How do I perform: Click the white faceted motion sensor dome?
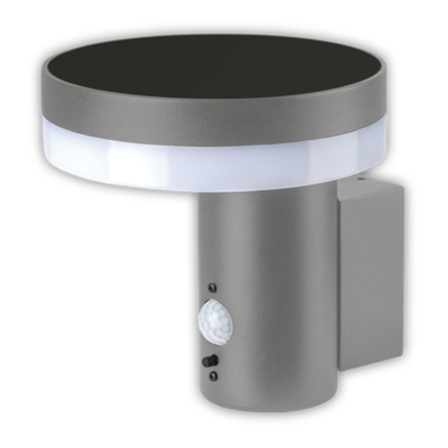pos(215,322)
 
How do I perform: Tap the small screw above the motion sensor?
pos(213,287)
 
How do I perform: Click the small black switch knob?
pos(210,361)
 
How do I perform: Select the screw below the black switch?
pos(213,376)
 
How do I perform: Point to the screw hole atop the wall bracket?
pos(360,178)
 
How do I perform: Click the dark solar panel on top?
pos(214,66)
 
